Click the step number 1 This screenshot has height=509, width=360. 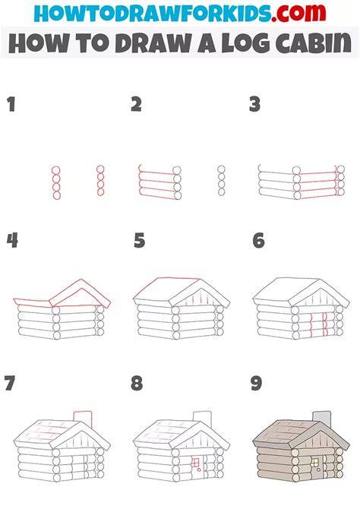(11, 105)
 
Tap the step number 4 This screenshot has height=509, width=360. (12, 241)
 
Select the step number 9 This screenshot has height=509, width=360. (257, 383)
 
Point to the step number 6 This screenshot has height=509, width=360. (259, 241)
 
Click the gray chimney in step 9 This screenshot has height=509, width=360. (322, 419)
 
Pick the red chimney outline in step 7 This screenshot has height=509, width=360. (83, 419)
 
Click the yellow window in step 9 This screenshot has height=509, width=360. (314, 462)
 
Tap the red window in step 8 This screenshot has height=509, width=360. (195, 462)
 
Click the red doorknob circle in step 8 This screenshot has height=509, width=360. (199, 469)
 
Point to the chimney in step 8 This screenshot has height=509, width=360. (203, 419)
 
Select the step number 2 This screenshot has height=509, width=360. (137, 105)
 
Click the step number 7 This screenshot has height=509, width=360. (10, 383)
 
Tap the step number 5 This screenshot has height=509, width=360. (139, 241)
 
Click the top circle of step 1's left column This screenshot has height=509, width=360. (56, 170)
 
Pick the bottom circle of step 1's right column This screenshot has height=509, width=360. (100, 192)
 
